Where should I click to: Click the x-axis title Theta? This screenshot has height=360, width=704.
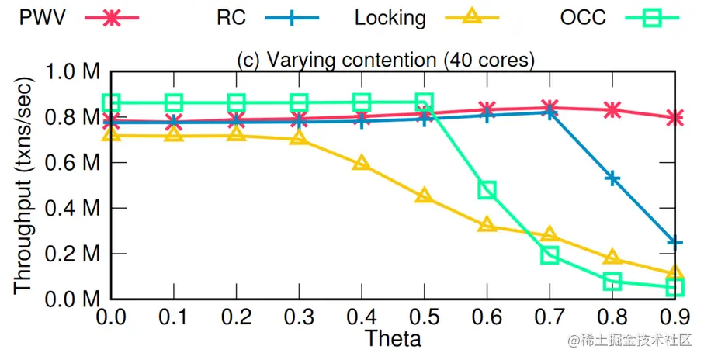(x=393, y=338)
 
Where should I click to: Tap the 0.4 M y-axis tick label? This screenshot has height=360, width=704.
(x=74, y=209)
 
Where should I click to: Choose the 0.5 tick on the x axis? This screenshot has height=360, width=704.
(x=424, y=317)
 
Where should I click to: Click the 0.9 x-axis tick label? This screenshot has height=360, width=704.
(x=675, y=317)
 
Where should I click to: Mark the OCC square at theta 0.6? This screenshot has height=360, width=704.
(x=487, y=190)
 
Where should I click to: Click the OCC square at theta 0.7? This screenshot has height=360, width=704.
(x=550, y=254)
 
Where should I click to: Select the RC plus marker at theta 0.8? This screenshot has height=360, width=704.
(x=612, y=178)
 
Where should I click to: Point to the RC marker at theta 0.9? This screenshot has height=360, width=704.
(x=675, y=242)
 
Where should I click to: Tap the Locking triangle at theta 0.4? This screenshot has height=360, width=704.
(x=362, y=164)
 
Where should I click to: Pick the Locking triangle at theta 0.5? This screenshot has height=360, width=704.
(x=424, y=196)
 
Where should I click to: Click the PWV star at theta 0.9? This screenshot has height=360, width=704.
(x=675, y=118)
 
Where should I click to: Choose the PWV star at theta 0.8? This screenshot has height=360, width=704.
(x=612, y=110)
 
